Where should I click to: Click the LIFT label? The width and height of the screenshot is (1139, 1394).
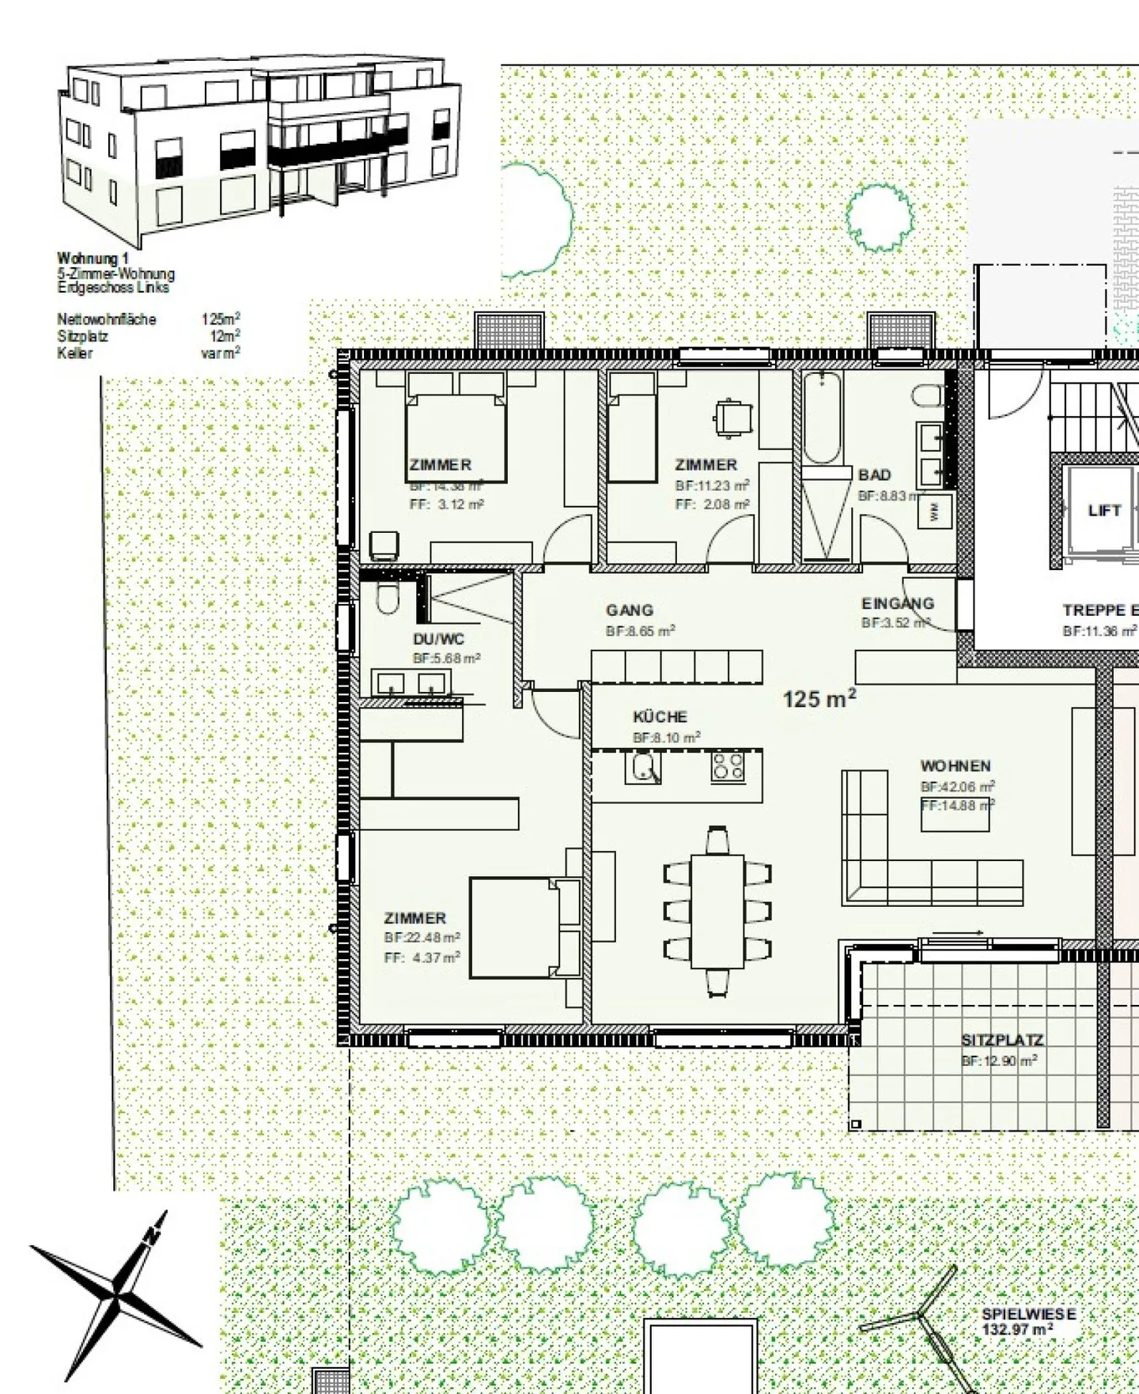1104,511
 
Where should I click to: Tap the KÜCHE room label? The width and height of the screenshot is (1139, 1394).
660,717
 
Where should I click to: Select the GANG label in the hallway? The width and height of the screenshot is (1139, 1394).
630,610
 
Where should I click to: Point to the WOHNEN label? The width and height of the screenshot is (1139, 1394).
955,766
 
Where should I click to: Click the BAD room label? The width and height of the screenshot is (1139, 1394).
875,475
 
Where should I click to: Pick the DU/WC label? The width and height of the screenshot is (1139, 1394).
438,639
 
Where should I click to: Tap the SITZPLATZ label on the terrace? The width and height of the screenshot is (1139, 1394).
1002,1041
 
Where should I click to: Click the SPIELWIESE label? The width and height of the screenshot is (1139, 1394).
1028,1313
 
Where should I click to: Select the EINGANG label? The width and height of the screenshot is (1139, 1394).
898,603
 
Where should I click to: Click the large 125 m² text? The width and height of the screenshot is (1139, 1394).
819,699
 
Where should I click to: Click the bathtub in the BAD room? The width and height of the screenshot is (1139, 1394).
822,417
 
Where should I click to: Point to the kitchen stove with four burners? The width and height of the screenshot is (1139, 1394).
727,767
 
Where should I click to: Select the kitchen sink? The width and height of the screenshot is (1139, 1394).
643,767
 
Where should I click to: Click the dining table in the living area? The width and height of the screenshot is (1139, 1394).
717,911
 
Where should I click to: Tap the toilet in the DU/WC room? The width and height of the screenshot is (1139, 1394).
387,599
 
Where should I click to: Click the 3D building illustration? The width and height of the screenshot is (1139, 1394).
259,150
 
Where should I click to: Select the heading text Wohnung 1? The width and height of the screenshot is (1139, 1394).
93,259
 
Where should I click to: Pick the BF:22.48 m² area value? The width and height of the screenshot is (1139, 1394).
422,938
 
